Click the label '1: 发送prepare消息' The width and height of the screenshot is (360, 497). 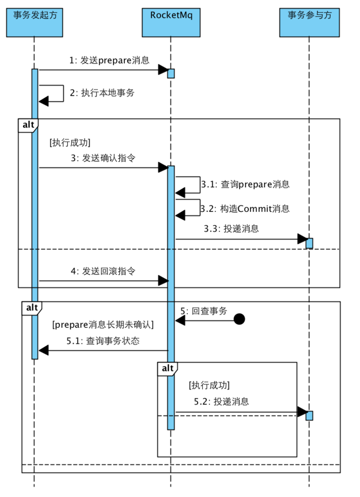[x=109, y=60]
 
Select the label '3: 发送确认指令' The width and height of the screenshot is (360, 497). [x=103, y=158]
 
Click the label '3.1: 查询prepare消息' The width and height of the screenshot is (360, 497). [x=245, y=184]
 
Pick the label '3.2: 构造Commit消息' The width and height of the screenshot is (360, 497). [x=245, y=208]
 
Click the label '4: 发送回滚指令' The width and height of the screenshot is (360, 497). [x=103, y=271]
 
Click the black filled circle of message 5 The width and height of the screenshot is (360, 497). [x=239, y=319]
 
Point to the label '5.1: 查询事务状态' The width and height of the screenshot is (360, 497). [x=103, y=341]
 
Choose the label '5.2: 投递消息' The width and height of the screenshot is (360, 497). [x=222, y=401]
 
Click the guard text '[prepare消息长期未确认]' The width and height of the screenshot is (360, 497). [x=103, y=325]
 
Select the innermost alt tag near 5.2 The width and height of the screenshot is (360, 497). [x=168, y=368]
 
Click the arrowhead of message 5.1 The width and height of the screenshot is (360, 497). [x=44, y=350]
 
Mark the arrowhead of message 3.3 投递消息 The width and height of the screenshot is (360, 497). [x=302, y=239]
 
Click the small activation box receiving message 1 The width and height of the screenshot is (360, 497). [x=171, y=74]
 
